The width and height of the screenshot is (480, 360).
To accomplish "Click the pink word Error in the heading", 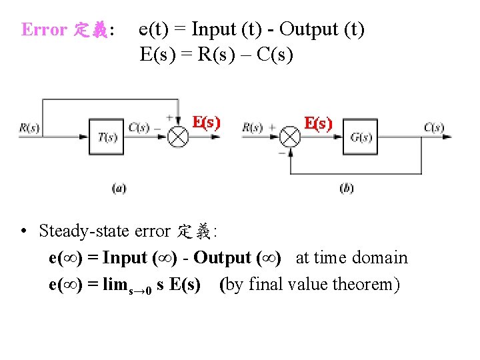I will pos(44,30).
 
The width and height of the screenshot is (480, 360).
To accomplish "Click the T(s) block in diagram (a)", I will pos(107,137).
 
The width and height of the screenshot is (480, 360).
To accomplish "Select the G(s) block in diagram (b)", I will pos(361,137).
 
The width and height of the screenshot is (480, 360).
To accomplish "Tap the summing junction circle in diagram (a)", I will pos(178,137).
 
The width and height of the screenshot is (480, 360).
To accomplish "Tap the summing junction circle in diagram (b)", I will pos(289,137).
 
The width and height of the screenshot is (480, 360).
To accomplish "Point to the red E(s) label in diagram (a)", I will pos(206,123).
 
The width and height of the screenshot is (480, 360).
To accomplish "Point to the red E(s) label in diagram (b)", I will pos(318,123).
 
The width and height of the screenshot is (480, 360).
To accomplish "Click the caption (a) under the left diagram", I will pos(119,188).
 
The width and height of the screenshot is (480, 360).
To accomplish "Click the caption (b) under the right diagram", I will pos(347,188).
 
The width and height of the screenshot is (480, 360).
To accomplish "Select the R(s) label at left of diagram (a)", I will pos(29,128).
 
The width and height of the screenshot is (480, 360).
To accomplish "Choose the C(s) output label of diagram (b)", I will pos(434,127).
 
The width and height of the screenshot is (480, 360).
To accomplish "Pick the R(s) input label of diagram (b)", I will pos(252,127).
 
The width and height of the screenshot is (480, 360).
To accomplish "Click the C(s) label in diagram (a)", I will pos(139,127).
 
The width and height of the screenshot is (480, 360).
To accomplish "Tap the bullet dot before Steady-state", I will pos(23,232).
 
